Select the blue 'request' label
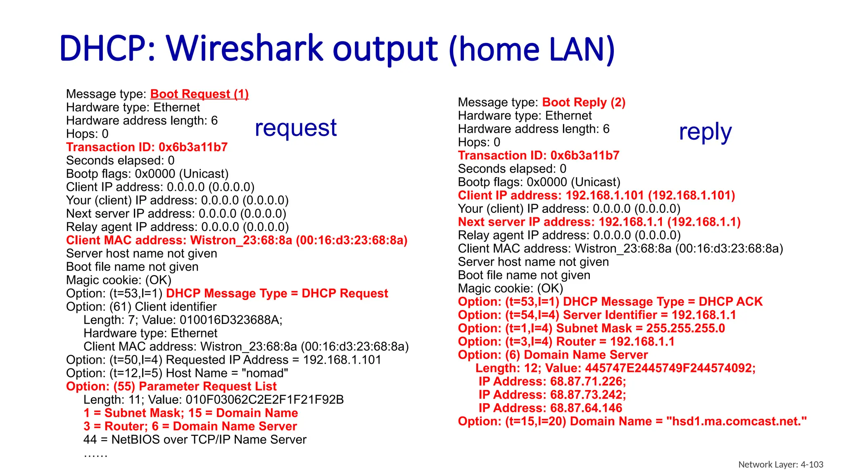296,128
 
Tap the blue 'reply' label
705,132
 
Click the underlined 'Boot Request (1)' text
199,94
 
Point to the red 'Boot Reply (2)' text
584,102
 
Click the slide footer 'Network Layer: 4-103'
780,464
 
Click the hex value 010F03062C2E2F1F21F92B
264,400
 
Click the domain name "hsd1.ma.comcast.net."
736,421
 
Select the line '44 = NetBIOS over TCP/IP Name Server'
195,440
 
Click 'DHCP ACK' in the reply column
730,302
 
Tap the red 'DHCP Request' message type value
345,293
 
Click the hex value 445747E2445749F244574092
670,368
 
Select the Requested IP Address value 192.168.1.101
342,360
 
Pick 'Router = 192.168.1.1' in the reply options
615,342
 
